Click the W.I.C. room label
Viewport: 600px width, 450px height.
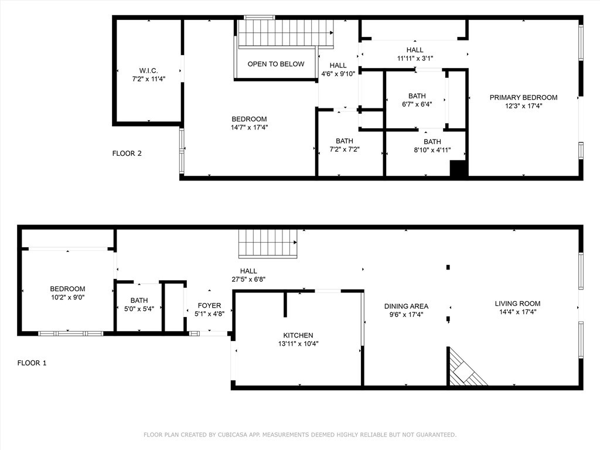pyautogui.click(x=148, y=71)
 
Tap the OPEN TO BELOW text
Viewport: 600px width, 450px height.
pyautogui.click(x=276, y=64)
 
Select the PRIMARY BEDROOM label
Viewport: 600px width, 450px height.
pyautogui.click(x=523, y=98)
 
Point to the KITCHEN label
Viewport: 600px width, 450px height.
pyautogui.click(x=298, y=335)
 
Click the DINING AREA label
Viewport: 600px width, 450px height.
pyautogui.click(x=407, y=306)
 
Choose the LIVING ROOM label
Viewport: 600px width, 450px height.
pyautogui.click(x=518, y=304)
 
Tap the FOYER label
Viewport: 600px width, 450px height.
pyautogui.click(x=209, y=305)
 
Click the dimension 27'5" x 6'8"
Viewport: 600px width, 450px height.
pyautogui.click(x=248, y=279)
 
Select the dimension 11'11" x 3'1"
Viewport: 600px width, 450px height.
pyautogui.click(x=415, y=58)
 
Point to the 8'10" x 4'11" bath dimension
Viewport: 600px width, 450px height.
pyautogui.click(x=432, y=150)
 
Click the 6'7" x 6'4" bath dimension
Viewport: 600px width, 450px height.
pyautogui.click(x=417, y=104)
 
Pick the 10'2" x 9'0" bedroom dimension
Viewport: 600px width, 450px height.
pyautogui.click(x=68, y=297)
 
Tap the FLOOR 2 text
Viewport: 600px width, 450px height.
pyautogui.click(x=127, y=154)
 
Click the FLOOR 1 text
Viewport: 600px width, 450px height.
pyautogui.click(x=32, y=363)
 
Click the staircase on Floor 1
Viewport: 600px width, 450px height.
pyautogui.click(x=268, y=243)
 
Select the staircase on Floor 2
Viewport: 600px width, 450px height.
pyautogui.click(x=286, y=33)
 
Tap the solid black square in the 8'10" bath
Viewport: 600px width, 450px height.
pyautogui.click(x=458, y=168)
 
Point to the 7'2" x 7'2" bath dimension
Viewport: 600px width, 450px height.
pyautogui.click(x=345, y=149)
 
